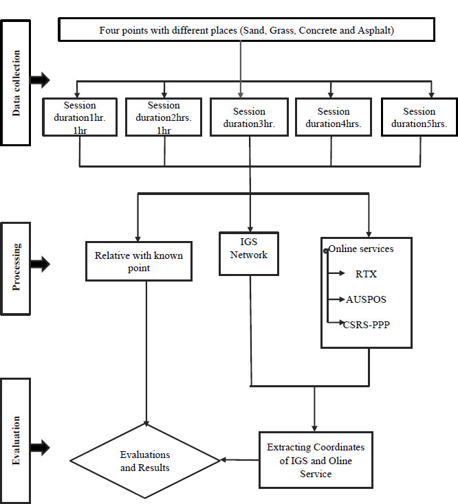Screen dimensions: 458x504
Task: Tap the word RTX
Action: coord(366,274)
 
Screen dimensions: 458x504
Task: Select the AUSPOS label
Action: coord(366,299)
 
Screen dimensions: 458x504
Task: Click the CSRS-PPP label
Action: coord(367,325)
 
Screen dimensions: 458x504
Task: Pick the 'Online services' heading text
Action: coord(361,249)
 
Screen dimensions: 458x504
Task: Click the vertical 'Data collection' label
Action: coord(16,83)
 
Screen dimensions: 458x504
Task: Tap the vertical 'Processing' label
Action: coord(16,267)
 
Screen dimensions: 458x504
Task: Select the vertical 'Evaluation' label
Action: coord(16,440)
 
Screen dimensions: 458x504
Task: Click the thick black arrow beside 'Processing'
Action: coord(41,264)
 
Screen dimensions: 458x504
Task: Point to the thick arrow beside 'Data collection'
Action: coord(41,80)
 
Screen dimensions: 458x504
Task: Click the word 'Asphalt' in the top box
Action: coord(374,30)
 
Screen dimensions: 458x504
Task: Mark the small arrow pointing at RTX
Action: coord(336,273)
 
